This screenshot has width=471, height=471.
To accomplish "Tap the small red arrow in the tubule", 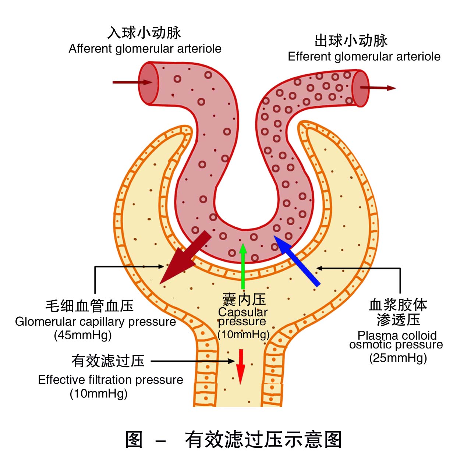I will [x=241, y=366].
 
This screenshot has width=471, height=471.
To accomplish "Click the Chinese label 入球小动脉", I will [x=144, y=32].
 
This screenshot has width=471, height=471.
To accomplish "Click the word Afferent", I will [x=91, y=49].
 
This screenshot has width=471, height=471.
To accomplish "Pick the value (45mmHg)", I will [x=83, y=335].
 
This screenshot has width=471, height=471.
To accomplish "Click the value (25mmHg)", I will [x=398, y=358].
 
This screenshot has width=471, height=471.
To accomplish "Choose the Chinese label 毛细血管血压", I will [x=89, y=306].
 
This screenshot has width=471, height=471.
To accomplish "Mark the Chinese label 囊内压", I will [x=244, y=300].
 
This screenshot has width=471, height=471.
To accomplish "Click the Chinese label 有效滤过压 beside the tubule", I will [x=108, y=361].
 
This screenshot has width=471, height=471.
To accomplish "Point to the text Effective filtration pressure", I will [x=110, y=380].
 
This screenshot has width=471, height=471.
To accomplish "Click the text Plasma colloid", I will [x=397, y=335].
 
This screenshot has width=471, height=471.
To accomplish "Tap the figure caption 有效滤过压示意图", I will [x=263, y=439].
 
